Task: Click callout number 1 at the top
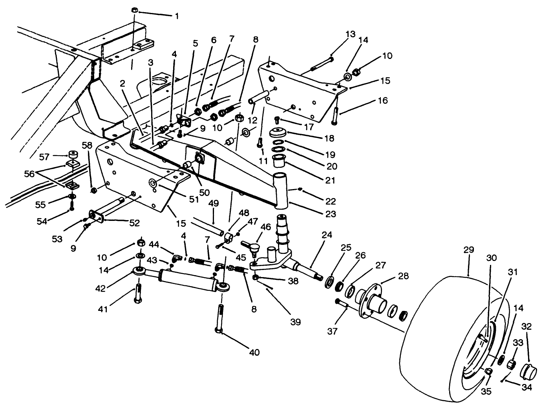pos(177,16)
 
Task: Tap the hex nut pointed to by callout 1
pos(134,9)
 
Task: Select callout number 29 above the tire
pos(468,250)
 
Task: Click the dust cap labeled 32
pos(528,370)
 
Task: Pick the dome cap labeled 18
pos(278,132)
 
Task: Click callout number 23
pos(331,214)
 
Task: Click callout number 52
pos(135,223)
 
